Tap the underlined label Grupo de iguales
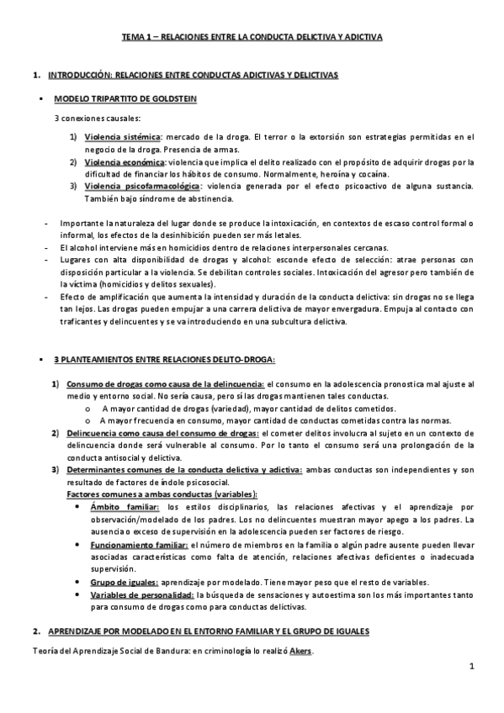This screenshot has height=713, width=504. pos(124,583)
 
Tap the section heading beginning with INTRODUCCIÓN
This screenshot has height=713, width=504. pos(193,76)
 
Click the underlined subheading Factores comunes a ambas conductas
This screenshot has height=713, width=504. pos(162,494)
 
